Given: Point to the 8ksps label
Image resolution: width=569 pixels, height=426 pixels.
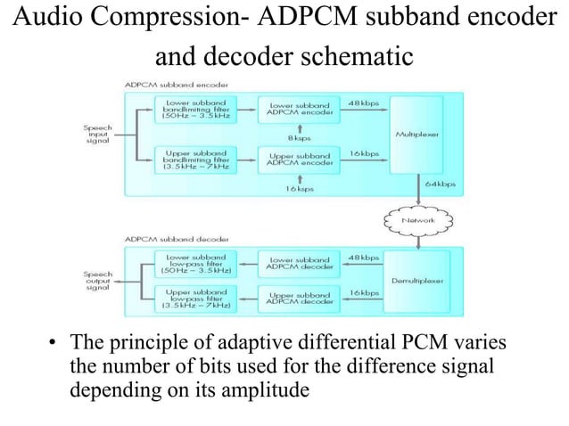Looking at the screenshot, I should (x=298, y=138).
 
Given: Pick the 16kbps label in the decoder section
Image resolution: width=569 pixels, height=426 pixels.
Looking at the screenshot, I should (x=364, y=292).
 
